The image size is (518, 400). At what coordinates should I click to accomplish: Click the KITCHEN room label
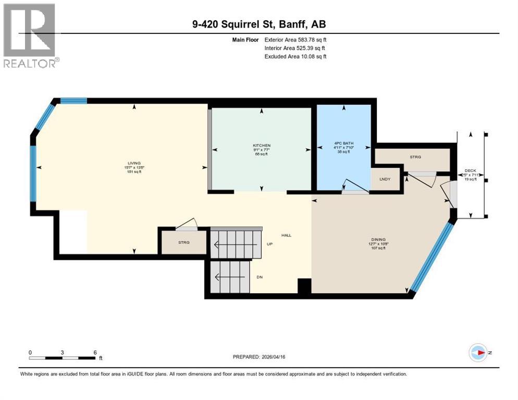tap(262, 145)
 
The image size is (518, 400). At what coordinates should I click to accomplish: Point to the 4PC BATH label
tap(344, 142)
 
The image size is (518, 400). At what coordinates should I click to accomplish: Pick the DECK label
tap(470, 171)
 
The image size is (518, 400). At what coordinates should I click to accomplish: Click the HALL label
tap(286, 235)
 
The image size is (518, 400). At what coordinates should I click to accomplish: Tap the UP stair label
tap(269, 243)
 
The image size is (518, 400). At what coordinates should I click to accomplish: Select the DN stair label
tap(259, 277)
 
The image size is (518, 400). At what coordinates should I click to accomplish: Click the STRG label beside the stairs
tap(183, 242)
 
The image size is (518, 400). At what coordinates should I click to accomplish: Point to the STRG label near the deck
tap(415, 156)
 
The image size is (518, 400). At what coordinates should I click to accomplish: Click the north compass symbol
tap(478, 353)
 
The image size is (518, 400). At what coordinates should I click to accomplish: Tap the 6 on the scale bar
tap(95, 352)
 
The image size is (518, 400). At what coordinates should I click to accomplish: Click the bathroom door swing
tap(351, 187)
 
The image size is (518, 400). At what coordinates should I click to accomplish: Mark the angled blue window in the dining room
tap(430, 257)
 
